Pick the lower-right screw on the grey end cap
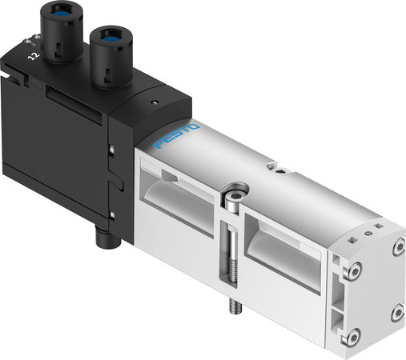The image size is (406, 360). click(x=397, y=311)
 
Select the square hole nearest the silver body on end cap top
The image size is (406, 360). click(x=352, y=237)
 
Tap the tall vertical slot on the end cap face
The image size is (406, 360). click(x=373, y=297)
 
